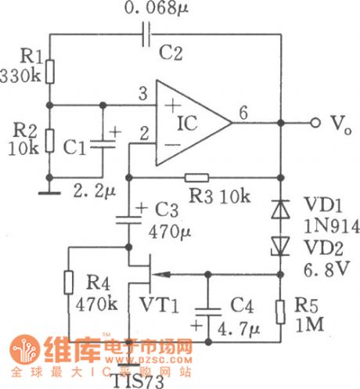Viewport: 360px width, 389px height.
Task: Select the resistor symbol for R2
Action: (x=49, y=141)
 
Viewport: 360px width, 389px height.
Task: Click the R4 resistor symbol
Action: (x=68, y=284)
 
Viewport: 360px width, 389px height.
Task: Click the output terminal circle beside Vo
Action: (x=316, y=123)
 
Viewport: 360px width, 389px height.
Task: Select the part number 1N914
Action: (x=321, y=227)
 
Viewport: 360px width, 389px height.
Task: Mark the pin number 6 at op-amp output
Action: (x=244, y=113)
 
